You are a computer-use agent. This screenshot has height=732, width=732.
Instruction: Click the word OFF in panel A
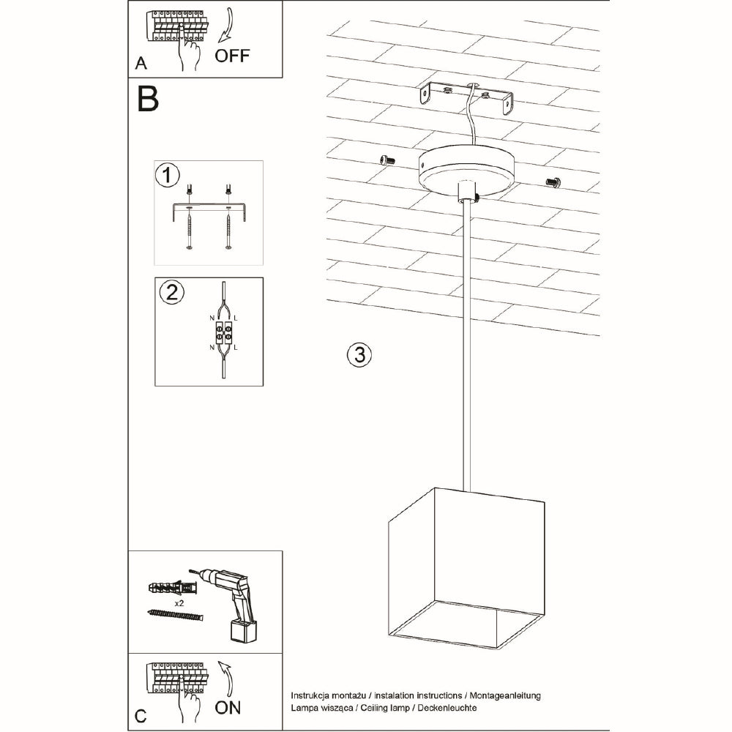pos(232,56)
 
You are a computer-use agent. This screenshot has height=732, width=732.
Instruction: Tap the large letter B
pos(148,99)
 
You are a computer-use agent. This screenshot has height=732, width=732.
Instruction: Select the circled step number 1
pos(168,176)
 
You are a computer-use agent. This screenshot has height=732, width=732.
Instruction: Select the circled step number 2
pos(171,293)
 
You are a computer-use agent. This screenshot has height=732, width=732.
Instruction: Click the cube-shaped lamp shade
pos(464,568)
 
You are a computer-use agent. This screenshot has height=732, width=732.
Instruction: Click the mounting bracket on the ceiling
pos(466,97)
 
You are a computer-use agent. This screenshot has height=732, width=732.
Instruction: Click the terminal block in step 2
pos(223,333)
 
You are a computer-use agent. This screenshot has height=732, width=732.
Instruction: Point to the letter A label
pos(141,64)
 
